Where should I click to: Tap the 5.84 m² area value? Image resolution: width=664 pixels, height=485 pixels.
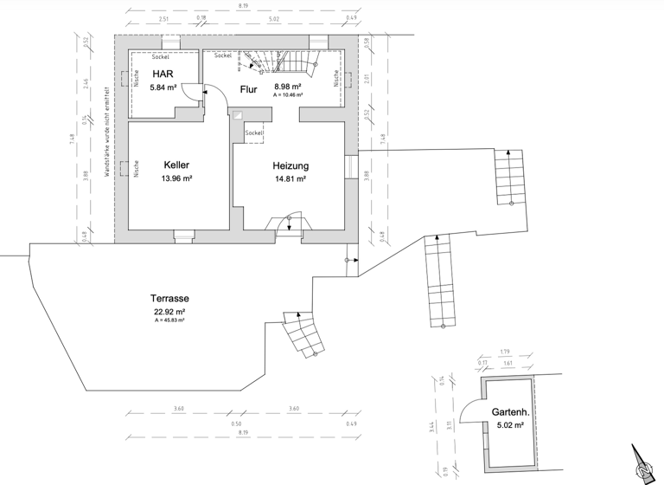tap(163, 87)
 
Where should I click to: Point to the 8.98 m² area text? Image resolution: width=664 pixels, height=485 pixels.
tap(288, 87)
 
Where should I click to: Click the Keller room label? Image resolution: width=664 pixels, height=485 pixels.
tap(176, 165)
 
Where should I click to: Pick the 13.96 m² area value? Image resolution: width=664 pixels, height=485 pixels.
tap(176, 178)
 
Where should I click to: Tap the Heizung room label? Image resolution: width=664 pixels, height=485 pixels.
tap(291, 165)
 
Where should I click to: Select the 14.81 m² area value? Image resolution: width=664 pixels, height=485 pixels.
tap(291, 179)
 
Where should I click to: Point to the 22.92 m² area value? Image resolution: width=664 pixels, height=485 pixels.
tap(169, 312)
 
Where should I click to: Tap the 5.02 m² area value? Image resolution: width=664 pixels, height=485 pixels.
tap(511, 425)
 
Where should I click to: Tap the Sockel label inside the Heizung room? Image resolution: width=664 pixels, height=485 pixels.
tap(253, 133)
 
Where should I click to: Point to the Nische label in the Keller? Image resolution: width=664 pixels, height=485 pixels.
tap(137, 170)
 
